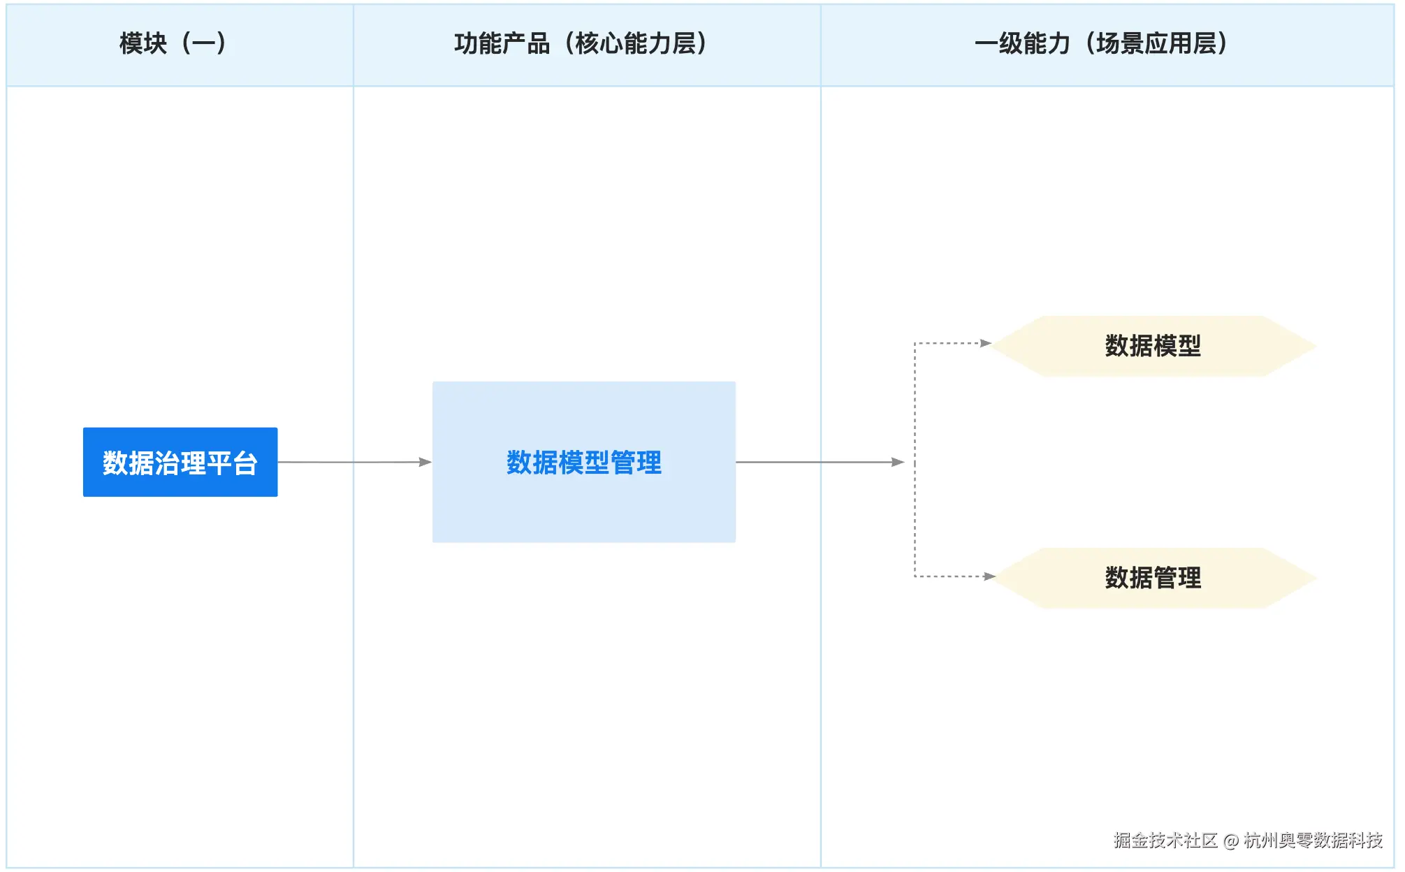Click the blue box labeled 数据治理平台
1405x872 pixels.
[x=180, y=462]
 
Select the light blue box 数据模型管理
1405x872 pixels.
[x=583, y=462]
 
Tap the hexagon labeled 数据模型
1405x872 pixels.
[x=1153, y=346]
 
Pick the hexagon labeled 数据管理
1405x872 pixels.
[x=1153, y=578]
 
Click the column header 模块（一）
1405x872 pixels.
[x=173, y=43]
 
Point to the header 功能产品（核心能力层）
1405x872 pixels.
[x=581, y=43]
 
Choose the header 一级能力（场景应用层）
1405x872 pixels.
[x=1101, y=43]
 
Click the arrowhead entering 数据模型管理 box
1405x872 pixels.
[x=425, y=462]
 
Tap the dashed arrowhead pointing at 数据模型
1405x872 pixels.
[x=986, y=343]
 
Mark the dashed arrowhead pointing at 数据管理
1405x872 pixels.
[x=989, y=576]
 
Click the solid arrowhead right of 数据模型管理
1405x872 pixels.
[x=898, y=462]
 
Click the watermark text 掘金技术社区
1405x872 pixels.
[x=1165, y=840]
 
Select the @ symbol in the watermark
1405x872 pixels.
[x=1230, y=841]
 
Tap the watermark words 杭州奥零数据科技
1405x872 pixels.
[x=1313, y=840]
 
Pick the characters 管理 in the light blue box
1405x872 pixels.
[x=636, y=463]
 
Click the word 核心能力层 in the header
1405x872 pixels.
[x=635, y=43]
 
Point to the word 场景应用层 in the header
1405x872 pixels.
[x=1156, y=43]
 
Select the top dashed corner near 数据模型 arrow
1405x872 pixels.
[x=915, y=344]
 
